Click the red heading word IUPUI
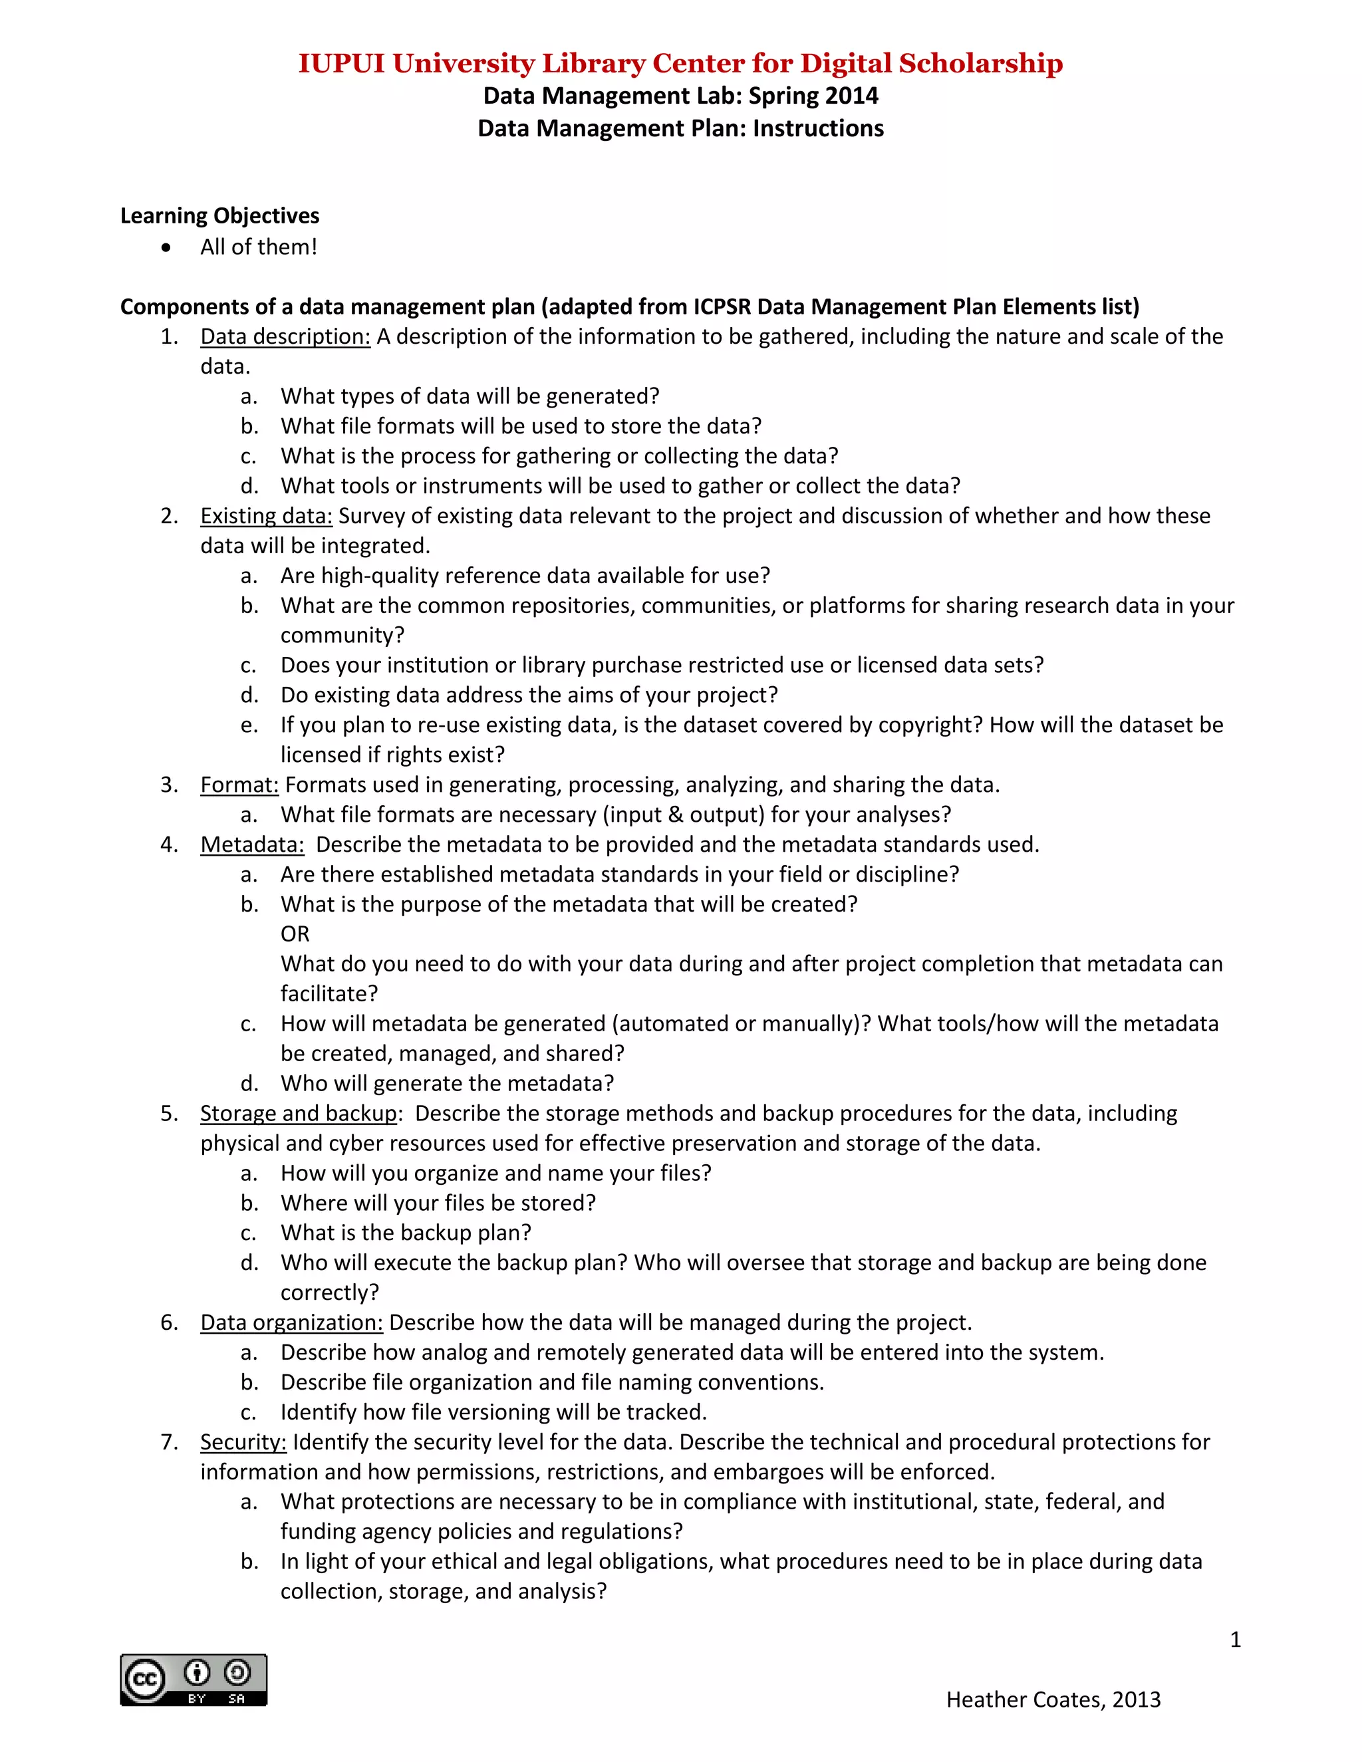pyautogui.click(x=341, y=64)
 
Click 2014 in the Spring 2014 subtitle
pyautogui.click(x=851, y=96)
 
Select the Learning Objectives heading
pyautogui.click(x=219, y=215)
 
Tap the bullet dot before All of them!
pyautogui.click(x=166, y=248)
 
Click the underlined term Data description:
pyautogui.click(x=285, y=336)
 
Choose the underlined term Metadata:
pyautogui.click(x=253, y=844)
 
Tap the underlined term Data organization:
pyautogui.click(x=291, y=1322)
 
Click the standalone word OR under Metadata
pyautogui.click(x=295, y=934)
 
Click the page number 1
pyautogui.click(x=1234, y=1640)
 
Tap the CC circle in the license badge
pyautogui.click(x=144, y=1680)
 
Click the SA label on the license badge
pyautogui.click(x=236, y=1699)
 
